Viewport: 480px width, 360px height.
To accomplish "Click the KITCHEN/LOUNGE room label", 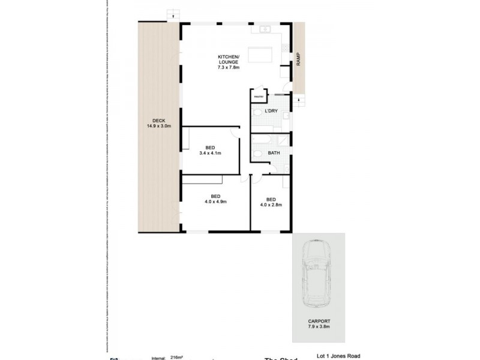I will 228,62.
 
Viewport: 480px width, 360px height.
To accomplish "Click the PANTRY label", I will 259,97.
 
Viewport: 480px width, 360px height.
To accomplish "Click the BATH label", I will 274,153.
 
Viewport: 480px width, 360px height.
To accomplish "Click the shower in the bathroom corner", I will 283,140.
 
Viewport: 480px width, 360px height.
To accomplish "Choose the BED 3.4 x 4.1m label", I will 210,151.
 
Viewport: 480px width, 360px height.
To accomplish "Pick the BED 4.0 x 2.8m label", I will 271,202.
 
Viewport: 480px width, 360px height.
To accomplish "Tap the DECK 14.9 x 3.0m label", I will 159,124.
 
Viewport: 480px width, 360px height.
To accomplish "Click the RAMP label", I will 298,59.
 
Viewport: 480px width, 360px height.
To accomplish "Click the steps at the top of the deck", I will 173,14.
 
